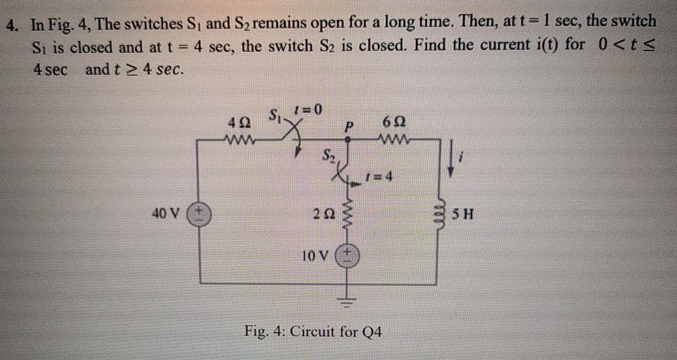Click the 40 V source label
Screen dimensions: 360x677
[165, 214]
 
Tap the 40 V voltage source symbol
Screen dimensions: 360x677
[199, 214]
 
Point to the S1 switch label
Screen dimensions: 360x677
[275, 116]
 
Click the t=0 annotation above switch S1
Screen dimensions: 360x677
[308, 109]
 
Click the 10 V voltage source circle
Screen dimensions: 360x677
[347, 255]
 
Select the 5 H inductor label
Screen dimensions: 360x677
[463, 215]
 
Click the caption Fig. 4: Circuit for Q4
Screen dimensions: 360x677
[313, 331]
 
